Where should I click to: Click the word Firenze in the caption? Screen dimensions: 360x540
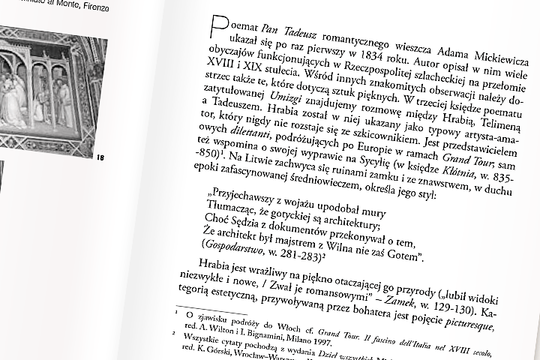click(x=109, y=8)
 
